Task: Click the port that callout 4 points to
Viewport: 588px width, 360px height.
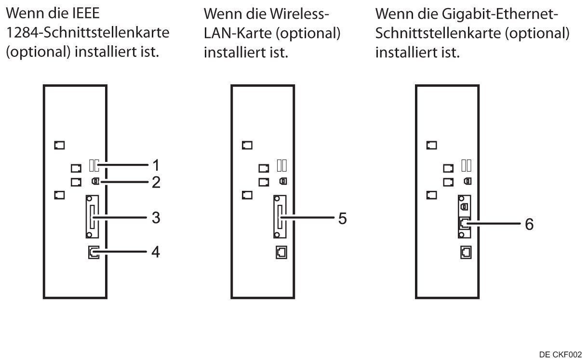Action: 93,252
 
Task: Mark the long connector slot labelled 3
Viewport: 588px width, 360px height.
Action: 92,217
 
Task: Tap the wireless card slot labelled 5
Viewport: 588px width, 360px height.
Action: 279,217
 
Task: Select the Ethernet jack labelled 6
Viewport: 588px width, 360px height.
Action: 464,223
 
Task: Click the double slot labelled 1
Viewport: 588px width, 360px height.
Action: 94,166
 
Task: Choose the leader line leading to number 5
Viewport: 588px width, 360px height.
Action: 308,218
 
